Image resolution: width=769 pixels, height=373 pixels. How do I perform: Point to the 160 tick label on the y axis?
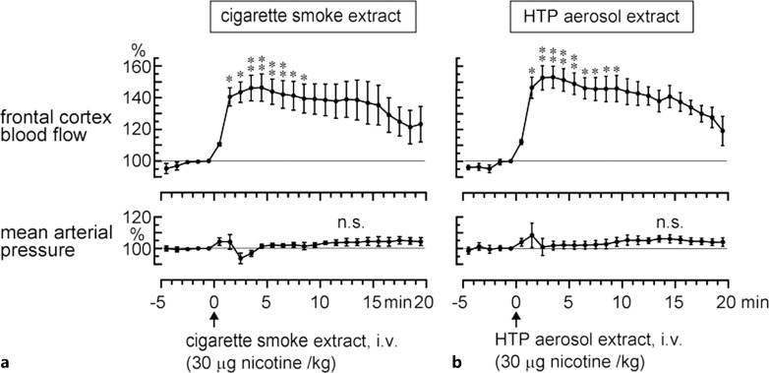[141, 66]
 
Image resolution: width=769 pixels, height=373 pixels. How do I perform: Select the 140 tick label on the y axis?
[141, 97]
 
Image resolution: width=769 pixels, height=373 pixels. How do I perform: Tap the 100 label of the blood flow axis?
[141, 161]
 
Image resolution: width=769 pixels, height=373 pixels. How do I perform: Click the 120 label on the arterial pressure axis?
[141, 217]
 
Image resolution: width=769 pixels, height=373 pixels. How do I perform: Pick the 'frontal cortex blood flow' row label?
[48, 126]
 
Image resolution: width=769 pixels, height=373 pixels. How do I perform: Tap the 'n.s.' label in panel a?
[350, 223]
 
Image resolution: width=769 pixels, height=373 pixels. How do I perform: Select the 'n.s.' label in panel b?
[670, 223]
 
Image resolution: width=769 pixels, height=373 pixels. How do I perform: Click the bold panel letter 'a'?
[5, 364]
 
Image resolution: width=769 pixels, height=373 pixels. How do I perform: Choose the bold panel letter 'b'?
[456, 363]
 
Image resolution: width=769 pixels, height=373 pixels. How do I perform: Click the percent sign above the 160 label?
[137, 49]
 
